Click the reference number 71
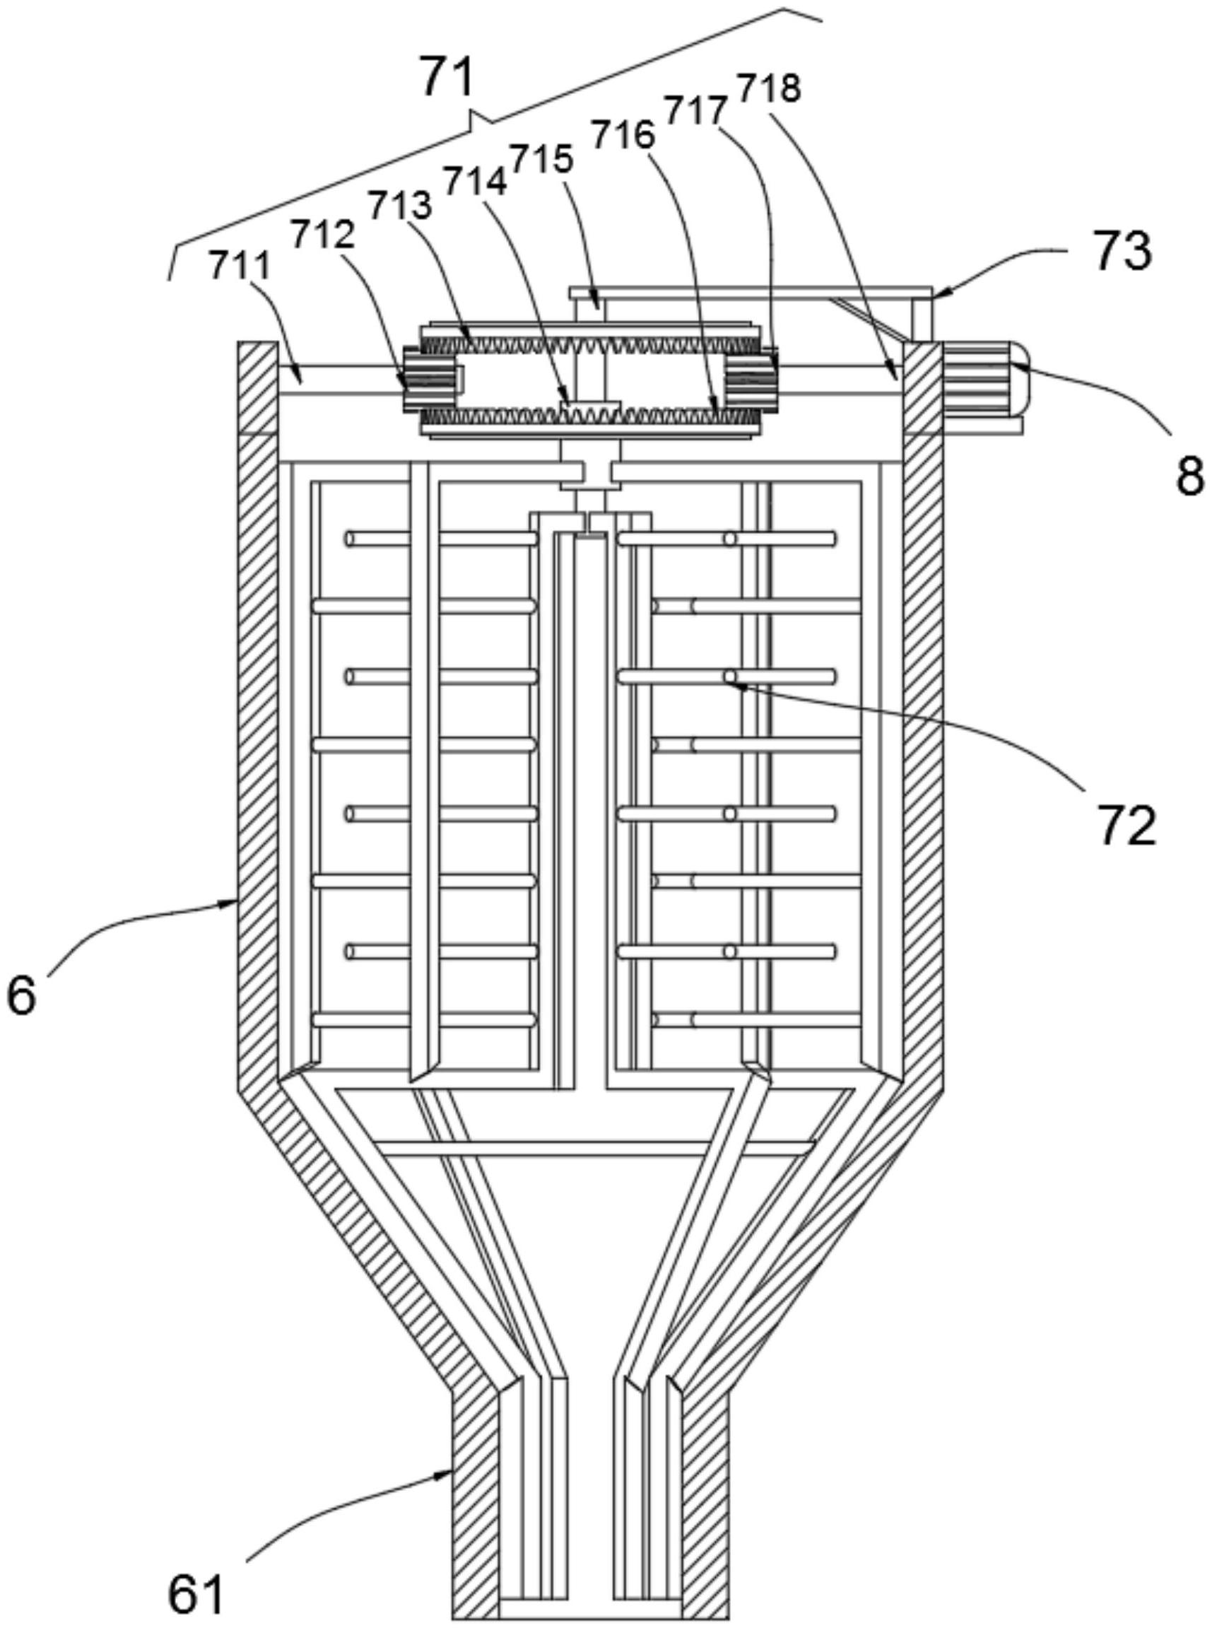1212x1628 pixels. pos(447,79)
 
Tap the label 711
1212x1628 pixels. pos(240,265)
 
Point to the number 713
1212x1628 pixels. pos(400,206)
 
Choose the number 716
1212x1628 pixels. pos(623,136)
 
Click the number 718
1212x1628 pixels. pos(768,88)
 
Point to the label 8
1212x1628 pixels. pos(1189,477)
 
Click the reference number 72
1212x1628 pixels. pos(1128,826)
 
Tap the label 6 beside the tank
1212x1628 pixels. pos(21,996)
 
